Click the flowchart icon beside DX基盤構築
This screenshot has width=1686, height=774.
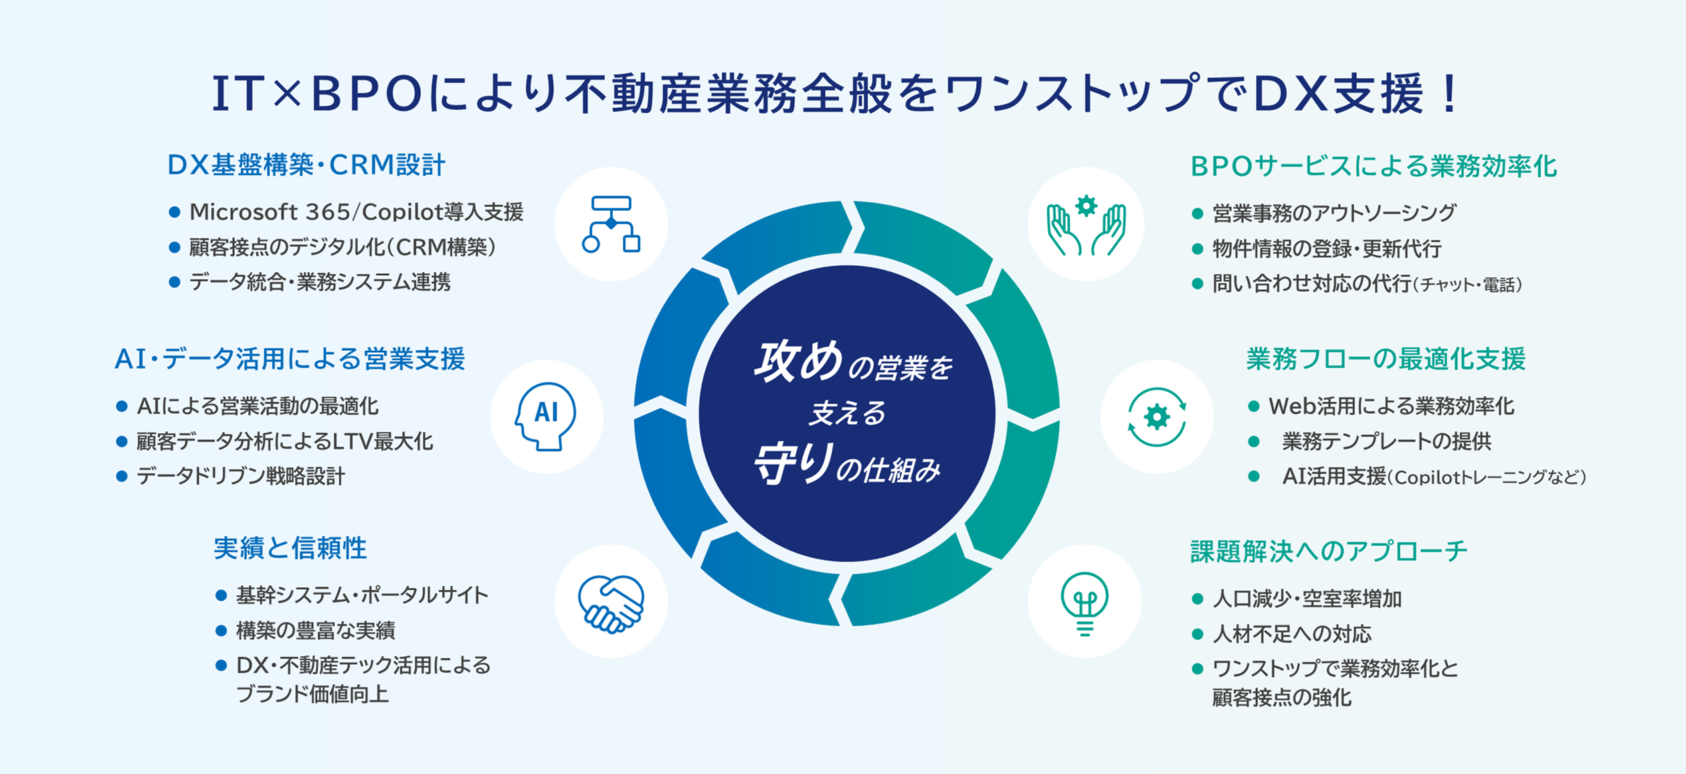coord(611,224)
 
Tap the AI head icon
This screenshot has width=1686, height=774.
coord(546,416)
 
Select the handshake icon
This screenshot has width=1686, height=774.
coord(611,603)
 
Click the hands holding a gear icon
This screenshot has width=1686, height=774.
coord(1086,225)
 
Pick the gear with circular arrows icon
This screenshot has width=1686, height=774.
coord(1157,417)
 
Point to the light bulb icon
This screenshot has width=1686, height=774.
coord(1085,603)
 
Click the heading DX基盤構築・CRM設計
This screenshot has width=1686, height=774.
coord(306,165)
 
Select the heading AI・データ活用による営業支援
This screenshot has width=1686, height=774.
coord(290,359)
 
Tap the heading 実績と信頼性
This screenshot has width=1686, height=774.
coord(290,548)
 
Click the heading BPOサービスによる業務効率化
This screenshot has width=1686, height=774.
coord(1374,167)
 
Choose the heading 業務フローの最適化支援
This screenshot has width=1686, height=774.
coord(1386,359)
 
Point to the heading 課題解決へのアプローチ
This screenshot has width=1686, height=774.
coord(1329,551)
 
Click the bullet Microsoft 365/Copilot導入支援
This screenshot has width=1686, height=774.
coord(356,212)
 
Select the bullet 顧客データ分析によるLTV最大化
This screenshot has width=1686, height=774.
coord(284,441)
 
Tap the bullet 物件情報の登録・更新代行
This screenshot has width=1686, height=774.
coord(1327,248)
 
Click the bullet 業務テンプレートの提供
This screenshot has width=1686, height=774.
coord(1386,441)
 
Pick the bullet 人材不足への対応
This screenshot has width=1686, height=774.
coord(1292,633)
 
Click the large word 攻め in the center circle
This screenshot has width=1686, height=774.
coord(798,362)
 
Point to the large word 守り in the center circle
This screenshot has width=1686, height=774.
coord(793,464)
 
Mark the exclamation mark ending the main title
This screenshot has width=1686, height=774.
coord(1450,94)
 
